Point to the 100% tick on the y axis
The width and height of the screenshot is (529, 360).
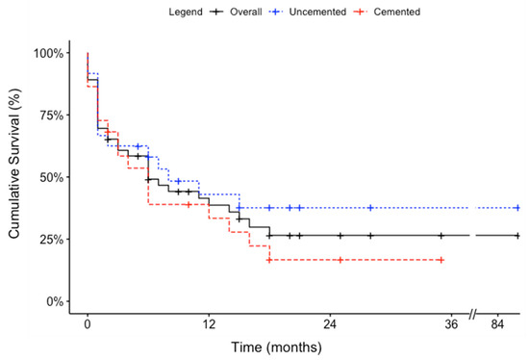55,53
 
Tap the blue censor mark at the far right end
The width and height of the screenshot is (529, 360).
517,208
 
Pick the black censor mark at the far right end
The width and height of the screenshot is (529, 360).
517,235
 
